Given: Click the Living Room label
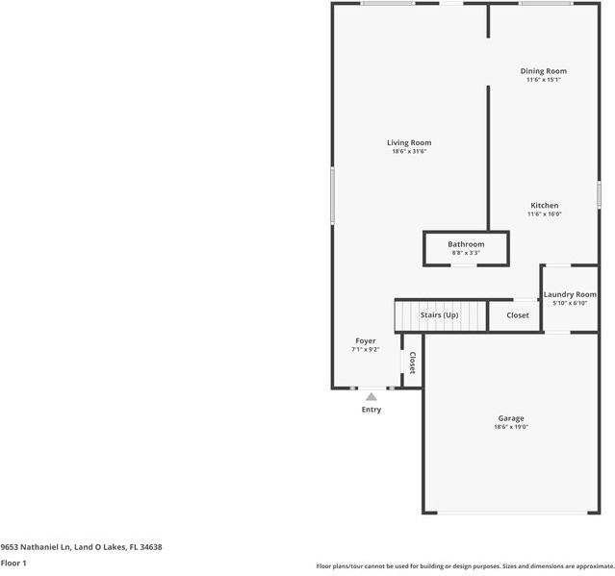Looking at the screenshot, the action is (409, 143).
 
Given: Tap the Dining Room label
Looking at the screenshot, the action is (543, 71).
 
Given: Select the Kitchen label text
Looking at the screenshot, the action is (545, 206).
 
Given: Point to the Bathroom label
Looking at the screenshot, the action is (466, 244).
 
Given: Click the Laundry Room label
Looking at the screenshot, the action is (570, 294).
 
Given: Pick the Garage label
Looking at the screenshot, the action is (511, 418).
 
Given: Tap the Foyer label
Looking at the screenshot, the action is (366, 341).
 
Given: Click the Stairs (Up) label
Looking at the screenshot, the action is (439, 315).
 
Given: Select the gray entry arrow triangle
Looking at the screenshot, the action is (372, 397).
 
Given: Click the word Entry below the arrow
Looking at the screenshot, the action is (372, 410).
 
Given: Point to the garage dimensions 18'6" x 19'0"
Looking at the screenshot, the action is (511, 427).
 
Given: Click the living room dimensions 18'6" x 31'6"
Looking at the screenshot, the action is (409, 152).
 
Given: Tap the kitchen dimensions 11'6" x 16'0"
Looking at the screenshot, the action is (545, 213).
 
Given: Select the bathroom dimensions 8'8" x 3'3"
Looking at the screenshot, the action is (466, 253).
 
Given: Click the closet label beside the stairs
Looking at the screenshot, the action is (518, 315).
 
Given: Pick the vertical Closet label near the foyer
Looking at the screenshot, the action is (413, 363).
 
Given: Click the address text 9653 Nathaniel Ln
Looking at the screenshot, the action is (36, 547).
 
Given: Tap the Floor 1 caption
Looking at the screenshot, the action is (13, 563).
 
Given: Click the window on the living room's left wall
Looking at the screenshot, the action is (333, 195).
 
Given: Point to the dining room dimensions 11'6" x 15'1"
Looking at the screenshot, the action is (543, 80).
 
